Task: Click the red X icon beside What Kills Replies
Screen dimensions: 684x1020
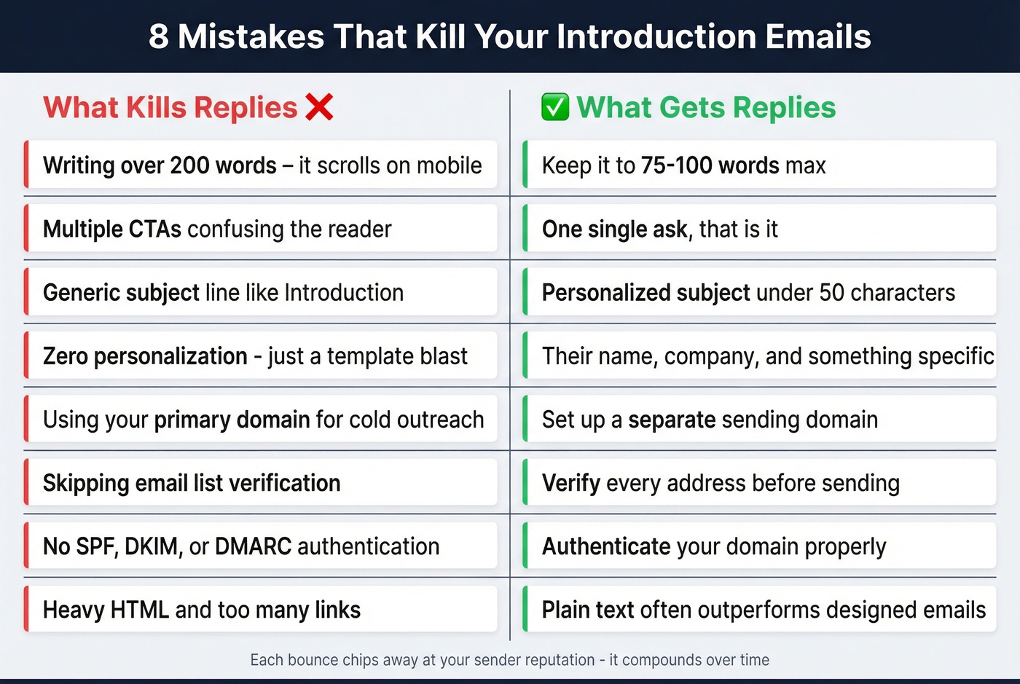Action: (319, 108)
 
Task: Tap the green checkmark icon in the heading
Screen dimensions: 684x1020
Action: (555, 108)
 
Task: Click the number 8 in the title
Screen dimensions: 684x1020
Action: (158, 36)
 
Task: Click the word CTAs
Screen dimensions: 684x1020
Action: (155, 229)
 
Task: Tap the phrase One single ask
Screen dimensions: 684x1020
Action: (614, 229)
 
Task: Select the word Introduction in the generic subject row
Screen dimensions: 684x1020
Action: (343, 293)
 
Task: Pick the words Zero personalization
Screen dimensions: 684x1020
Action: (145, 356)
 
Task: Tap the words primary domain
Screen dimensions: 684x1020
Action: (232, 420)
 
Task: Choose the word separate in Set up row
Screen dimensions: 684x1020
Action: (672, 420)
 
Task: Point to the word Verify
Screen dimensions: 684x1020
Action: (570, 483)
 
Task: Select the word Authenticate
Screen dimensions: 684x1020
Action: (606, 546)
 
